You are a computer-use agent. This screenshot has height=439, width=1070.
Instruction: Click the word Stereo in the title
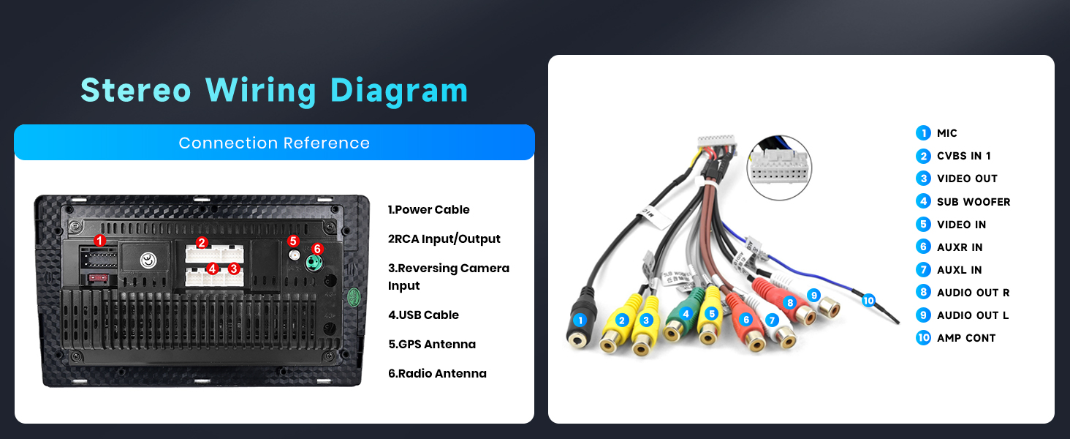point(135,90)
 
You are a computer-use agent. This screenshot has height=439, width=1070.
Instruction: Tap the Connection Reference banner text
point(274,143)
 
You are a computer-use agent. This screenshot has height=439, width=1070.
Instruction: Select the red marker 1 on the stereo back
point(100,240)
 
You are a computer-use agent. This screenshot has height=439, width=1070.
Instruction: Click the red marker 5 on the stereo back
point(293,241)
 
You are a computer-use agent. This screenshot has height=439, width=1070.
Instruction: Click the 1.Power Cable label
point(428,209)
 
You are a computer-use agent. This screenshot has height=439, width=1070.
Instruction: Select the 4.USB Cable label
point(423,315)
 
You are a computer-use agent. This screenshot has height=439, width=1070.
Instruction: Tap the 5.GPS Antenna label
point(431,344)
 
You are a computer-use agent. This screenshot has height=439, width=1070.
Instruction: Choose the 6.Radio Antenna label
point(437,373)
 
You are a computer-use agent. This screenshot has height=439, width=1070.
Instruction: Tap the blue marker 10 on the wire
point(868,300)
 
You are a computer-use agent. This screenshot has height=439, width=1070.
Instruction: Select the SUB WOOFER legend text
point(974,201)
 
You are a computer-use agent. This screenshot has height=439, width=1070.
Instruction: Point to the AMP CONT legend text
point(966,337)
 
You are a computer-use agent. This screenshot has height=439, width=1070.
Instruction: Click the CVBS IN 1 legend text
point(963,156)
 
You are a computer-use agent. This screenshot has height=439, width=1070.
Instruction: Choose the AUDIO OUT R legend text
point(973,292)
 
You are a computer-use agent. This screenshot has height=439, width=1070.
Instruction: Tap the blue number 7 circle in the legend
point(923,269)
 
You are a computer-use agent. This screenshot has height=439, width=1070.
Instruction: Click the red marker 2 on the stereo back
point(202,243)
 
